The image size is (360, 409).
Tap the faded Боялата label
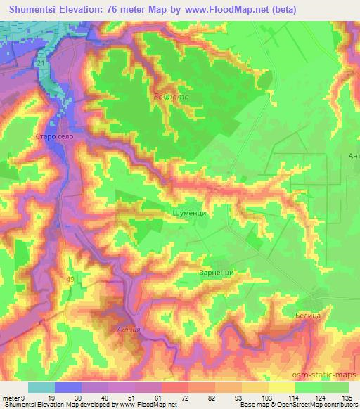click(x=167, y=98)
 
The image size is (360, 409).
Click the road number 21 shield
click(x=42, y=64)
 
